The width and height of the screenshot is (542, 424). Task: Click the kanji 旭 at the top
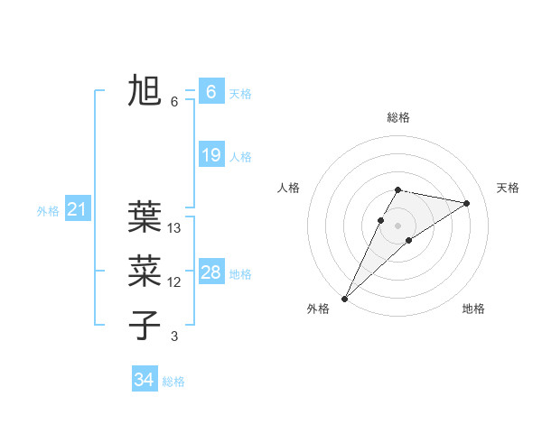(145, 91)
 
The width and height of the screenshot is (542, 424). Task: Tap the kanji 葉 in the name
(145, 217)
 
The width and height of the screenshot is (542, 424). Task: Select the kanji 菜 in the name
(145, 271)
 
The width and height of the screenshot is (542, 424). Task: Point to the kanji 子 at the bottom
(145, 325)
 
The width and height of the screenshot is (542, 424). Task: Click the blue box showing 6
(210, 91)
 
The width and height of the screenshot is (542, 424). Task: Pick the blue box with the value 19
(210, 155)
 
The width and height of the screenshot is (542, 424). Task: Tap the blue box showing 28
(210, 272)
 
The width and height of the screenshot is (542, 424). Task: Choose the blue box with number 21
(77, 210)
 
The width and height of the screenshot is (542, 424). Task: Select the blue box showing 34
(145, 380)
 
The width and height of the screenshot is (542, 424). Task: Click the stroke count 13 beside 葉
(175, 229)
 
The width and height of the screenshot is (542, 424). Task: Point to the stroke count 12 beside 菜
(175, 283)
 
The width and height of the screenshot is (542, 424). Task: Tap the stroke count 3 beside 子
(174, 337)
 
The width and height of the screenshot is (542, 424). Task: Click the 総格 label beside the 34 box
(173, 382)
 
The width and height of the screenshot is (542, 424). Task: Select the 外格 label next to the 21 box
(48, 212)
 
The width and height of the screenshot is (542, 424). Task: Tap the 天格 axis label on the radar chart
(508, 188)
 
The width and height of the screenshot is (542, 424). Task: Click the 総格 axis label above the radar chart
(398, 117)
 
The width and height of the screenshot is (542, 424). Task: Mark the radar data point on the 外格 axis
(345, 298)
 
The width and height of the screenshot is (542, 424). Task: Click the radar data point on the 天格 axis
(467, 203)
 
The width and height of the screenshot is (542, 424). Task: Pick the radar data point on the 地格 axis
(409, 240)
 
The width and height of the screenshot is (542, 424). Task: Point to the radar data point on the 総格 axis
(398, 189)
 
